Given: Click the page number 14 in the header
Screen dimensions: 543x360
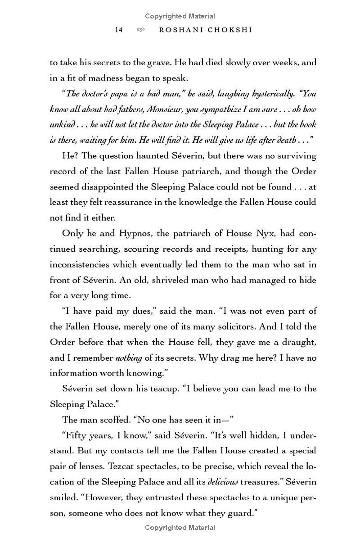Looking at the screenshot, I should click(x=119, y=30).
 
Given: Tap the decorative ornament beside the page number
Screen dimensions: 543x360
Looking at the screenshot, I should click(x=140, y=30).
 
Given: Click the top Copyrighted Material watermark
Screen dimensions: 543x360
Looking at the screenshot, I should click(x=180, y=16).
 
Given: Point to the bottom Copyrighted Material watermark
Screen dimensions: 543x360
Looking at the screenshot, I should click(x=180, y=527).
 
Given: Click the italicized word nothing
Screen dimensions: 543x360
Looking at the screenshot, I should click(x=128, y=357).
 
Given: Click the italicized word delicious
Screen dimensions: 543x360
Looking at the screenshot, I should click(x=222, y=482).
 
